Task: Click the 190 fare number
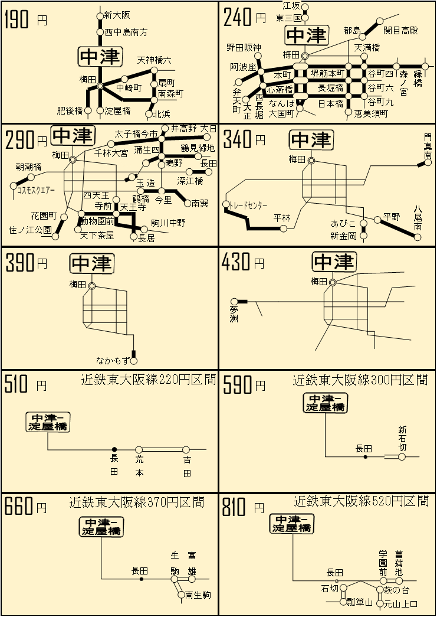click(17, 19)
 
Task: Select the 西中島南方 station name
click(126, 32)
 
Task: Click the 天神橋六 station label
click(155, 60)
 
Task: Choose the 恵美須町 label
click(371, 113)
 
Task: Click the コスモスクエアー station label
click(35, 191)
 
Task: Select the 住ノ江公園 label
click(30, 230)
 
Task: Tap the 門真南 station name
click(428, 146)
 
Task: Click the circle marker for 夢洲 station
click(234, 302)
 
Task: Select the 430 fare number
click(235, 263)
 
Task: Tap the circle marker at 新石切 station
click(402, 456)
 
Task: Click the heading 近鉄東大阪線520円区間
click(361, 501)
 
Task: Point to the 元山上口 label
click(400, 603)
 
